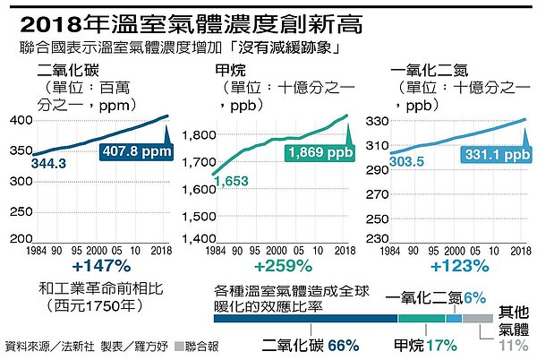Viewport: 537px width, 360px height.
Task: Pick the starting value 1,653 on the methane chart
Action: click(x=232, y=183)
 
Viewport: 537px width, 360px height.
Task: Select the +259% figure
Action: click(x=284, y=266)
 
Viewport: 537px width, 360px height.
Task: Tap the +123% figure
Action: click(x=460, y=266)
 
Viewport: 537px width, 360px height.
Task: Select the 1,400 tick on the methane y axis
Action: click(x=200, y=239)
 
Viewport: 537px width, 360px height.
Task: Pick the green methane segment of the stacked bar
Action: click(x=422, y=318)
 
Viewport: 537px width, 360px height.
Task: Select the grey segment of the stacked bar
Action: click(x=477, y=318)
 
